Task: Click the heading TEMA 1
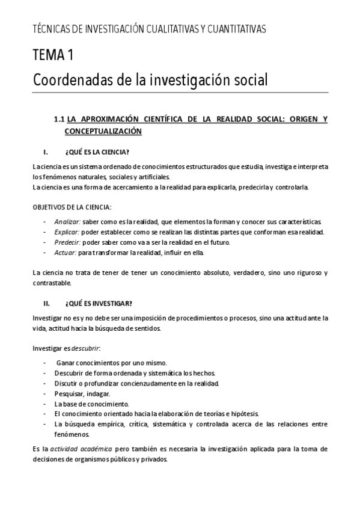(x=53, y=56)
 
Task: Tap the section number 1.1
(x=59, y=119)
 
